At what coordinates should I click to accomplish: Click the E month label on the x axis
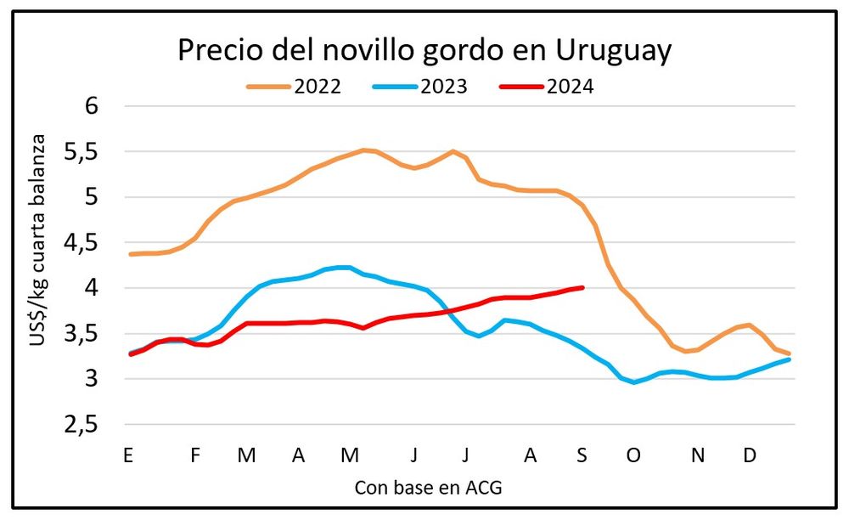coord(128,455)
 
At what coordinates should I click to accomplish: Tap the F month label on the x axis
coord(195,455)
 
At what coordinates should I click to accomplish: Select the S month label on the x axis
coord(582,455)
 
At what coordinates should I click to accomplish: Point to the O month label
coord(633,455)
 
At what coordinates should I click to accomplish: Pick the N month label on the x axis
coord(698,455)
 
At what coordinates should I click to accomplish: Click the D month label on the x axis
coord(750,455)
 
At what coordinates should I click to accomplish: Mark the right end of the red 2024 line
coord(582,287)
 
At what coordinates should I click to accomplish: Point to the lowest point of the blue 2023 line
coord(633,382)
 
